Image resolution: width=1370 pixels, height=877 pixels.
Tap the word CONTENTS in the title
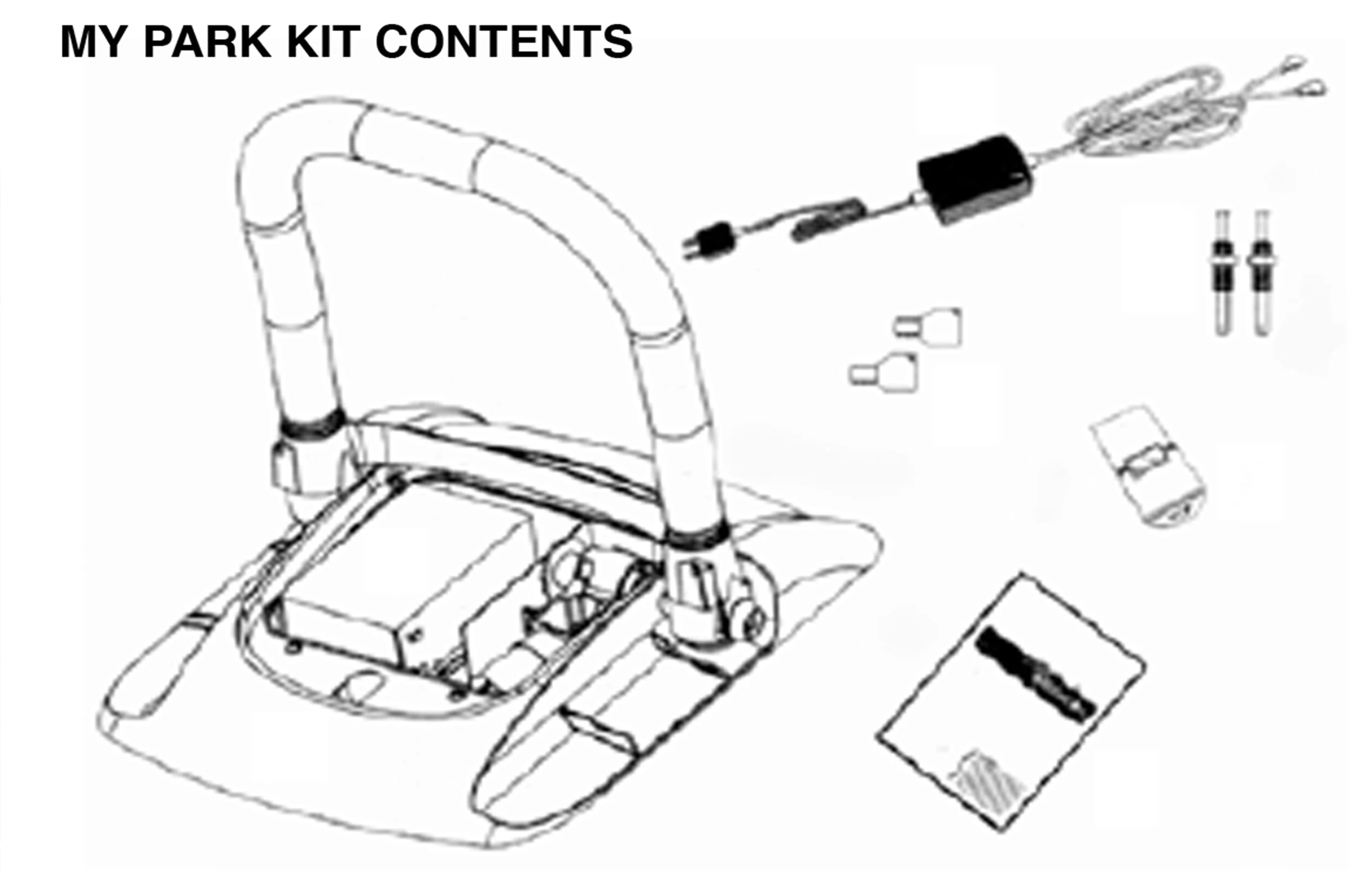coord(504,42)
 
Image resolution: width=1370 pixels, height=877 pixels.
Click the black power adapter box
coord(974,178)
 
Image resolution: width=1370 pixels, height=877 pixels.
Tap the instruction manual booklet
coord(1011,703)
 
